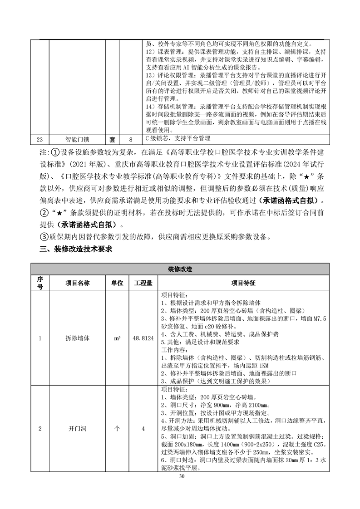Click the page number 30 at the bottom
(x=182, y=476)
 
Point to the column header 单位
(x=118, y=283)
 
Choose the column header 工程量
(x=143, y=283)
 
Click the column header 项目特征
(x=243, y=283)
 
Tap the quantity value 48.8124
(x=143, y=338)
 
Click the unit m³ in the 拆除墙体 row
(x=118, y=338)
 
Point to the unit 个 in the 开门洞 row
(x=118, y=428)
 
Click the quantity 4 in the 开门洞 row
(x=143, y=428)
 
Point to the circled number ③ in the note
(x=44, y=236)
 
